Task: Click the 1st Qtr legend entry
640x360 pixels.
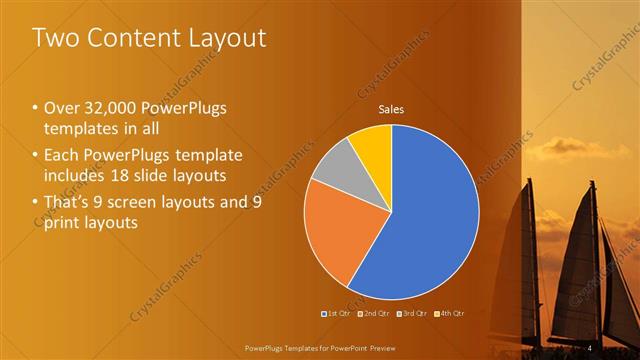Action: pos(334,314)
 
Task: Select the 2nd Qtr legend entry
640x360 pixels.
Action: pos(374,314)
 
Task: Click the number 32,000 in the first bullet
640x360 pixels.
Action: pos(112,108)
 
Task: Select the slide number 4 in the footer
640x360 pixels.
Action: pos(591,346)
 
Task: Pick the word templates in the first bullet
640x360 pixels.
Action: pos(83,128)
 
